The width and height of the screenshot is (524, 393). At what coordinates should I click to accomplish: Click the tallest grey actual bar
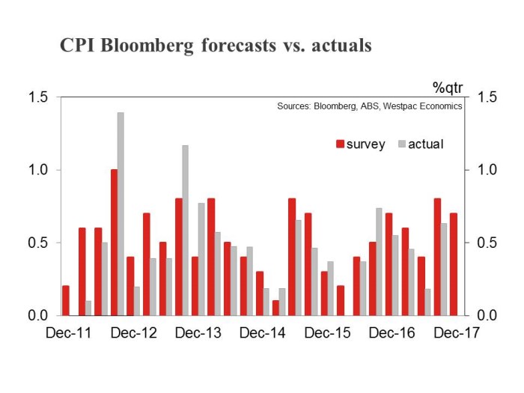click(121, 214)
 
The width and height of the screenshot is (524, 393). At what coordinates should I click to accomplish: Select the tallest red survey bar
click(114, 243)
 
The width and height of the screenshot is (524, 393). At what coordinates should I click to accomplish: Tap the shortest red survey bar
click(275, 308)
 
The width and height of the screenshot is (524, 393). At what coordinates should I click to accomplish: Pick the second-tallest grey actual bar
click(185, 231)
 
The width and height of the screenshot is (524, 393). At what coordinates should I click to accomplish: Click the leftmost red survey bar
click(66, 300)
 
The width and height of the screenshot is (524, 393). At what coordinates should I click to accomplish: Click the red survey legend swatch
click(340, 144)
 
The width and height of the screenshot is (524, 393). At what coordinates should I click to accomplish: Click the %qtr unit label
click(448, 88)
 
